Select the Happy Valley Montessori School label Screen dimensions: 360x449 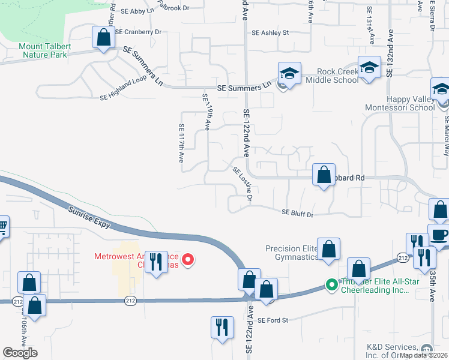coord(400,103)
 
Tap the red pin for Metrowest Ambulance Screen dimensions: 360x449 coord(188,260)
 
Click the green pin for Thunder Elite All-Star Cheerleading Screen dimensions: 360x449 coord(331,285)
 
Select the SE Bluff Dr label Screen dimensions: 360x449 coord(298,212)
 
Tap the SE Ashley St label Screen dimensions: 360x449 coord(270,33)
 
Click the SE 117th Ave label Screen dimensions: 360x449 coord(181,143)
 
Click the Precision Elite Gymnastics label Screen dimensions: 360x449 coord(292,253)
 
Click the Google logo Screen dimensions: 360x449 coord(20,353)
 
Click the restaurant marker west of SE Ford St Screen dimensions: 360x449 coord(221,328)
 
